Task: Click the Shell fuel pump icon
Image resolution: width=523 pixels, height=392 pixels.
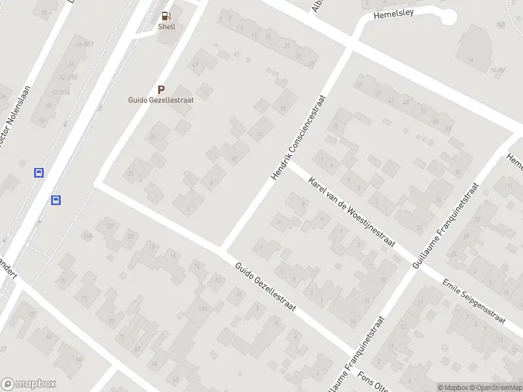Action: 166,16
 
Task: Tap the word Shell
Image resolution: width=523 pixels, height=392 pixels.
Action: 166,27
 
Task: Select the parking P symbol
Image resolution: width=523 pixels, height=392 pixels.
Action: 161,90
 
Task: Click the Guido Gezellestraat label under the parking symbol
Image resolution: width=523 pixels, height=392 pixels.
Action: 160,100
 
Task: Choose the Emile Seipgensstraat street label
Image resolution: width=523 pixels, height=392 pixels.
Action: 473,301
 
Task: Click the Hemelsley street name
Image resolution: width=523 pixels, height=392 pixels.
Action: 395,14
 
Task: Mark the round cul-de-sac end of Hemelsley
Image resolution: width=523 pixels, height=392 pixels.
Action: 448,17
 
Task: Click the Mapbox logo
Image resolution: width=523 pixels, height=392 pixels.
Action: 29,384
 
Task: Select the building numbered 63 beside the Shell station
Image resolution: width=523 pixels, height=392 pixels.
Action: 194,64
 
